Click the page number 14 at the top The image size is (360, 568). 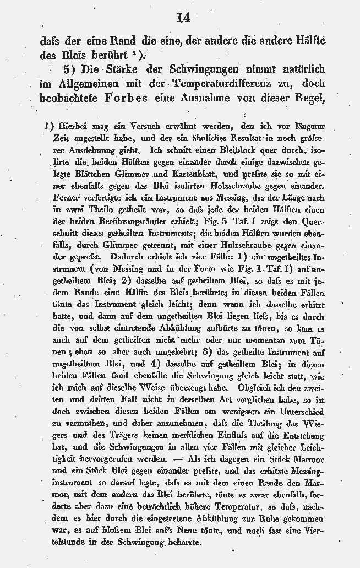[183, 18]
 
